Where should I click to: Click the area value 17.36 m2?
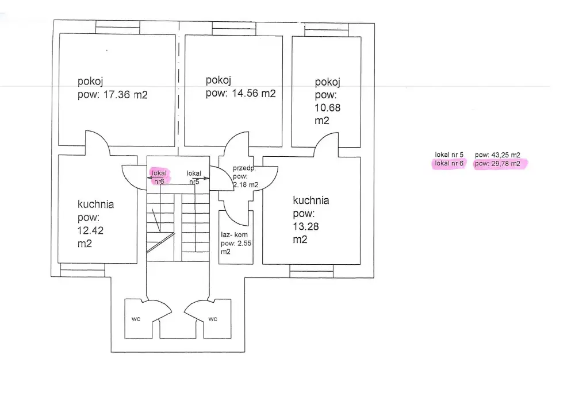[x=125, y=95]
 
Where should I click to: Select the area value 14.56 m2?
[x=254, y=94]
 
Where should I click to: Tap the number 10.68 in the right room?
[x=328, y=108]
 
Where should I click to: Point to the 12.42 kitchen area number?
[x=91, y=230]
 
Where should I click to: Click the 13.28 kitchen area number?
[x=306, y=226]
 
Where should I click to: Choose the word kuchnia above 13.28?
[x=311, y=200]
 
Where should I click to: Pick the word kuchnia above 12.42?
[x=95, y=204]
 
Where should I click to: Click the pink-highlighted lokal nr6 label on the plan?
[x=159, y=177]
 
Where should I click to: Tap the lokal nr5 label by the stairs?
[x=194, y=178]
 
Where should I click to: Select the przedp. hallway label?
[x=244, y=168]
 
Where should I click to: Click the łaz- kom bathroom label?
[x=234, y=234]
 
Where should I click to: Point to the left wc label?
[x=136, y=319]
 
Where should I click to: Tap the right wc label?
[x=213, y=319]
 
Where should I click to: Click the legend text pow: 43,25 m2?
[x=497, y=155]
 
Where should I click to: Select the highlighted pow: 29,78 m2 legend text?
[x=497, y=164]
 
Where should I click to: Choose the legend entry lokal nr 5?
[x=449, y=155]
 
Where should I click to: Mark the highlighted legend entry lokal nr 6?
[x=449, y=164]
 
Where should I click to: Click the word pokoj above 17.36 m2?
[x=90, y=82]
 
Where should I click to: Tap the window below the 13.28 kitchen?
[x=312, y=271]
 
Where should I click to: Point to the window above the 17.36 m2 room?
[x=118, y=27]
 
